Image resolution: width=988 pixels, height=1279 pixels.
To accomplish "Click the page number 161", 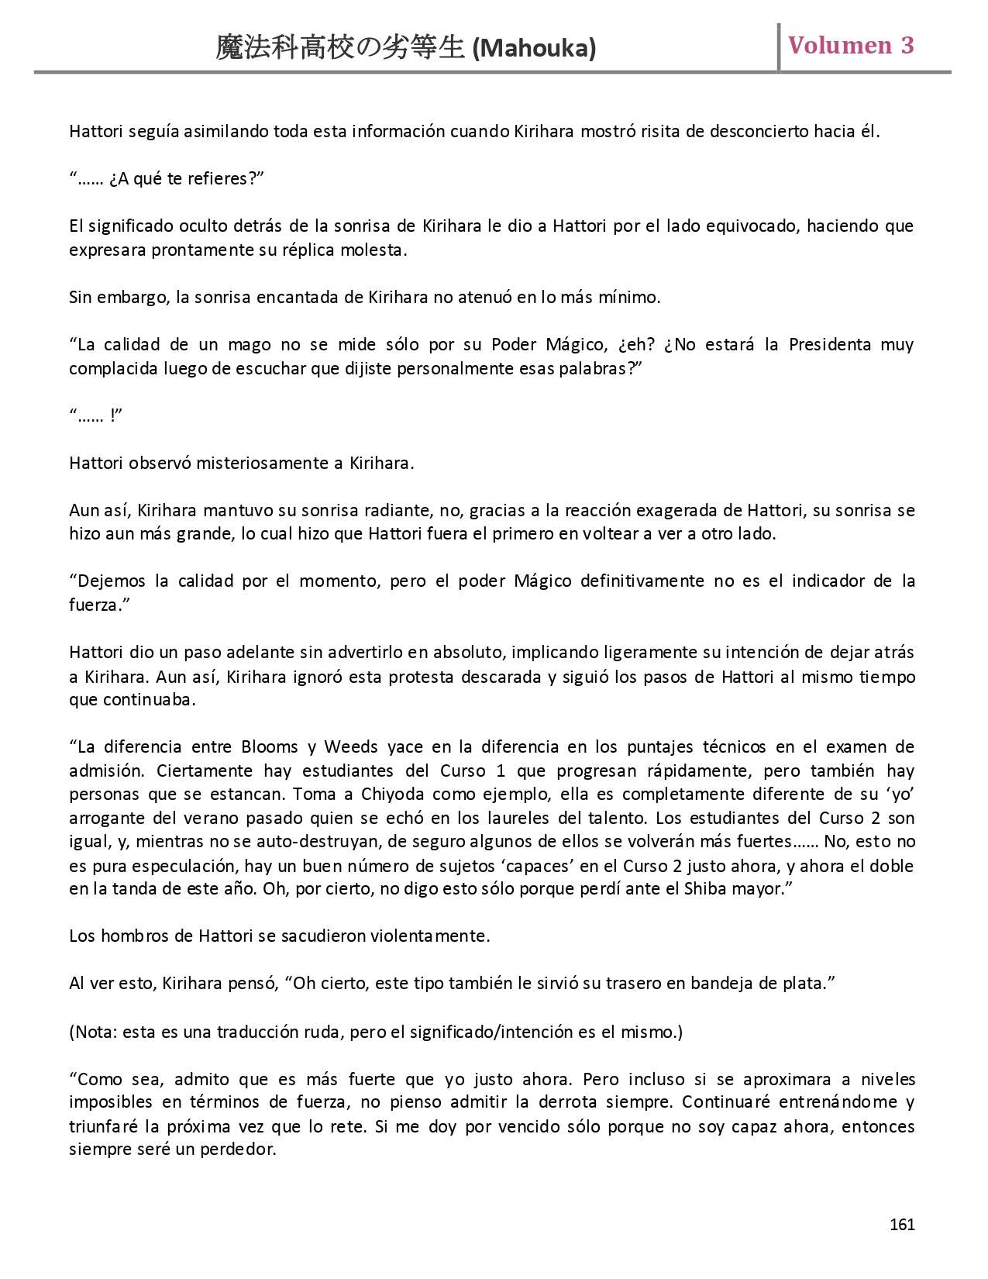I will pyautogui.click(x=902, y=1224).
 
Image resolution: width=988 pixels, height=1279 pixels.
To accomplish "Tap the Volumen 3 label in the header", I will pyautogui.click(x=851, y=46).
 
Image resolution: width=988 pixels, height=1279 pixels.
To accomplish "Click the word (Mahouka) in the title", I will pyautogui.click(x=534, y=49).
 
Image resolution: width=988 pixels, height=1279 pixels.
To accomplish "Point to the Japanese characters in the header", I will pyautogui.click(x=341, y=48).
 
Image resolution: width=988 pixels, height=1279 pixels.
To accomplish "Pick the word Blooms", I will pyautogui.click(x=270, y=746).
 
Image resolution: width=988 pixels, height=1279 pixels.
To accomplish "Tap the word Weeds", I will pyautogui.click(x=351, y=746).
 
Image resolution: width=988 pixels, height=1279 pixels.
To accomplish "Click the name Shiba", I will pyautogui.click(x=705, y=888).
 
